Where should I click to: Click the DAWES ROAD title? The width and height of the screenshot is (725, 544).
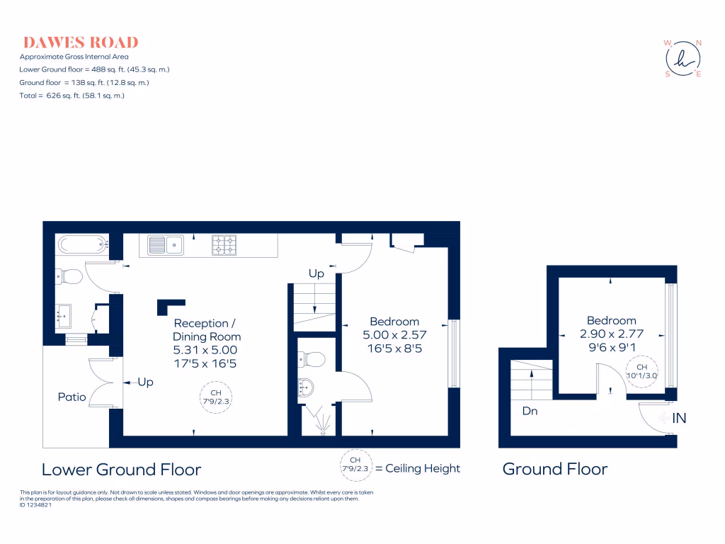[79, 42]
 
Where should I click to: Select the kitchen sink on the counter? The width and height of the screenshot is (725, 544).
[165, 245]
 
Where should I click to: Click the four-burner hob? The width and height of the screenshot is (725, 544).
[224, 245]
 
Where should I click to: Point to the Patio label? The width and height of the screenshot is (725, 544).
[72, 397]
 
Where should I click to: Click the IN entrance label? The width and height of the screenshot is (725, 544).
[678, 419]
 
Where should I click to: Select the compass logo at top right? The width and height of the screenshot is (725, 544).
[683, 59]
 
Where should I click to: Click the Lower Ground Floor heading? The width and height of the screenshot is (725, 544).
[121, 470]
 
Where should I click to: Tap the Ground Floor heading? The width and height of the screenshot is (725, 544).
[554, 469]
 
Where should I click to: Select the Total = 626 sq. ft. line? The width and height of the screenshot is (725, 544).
[72, 96]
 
